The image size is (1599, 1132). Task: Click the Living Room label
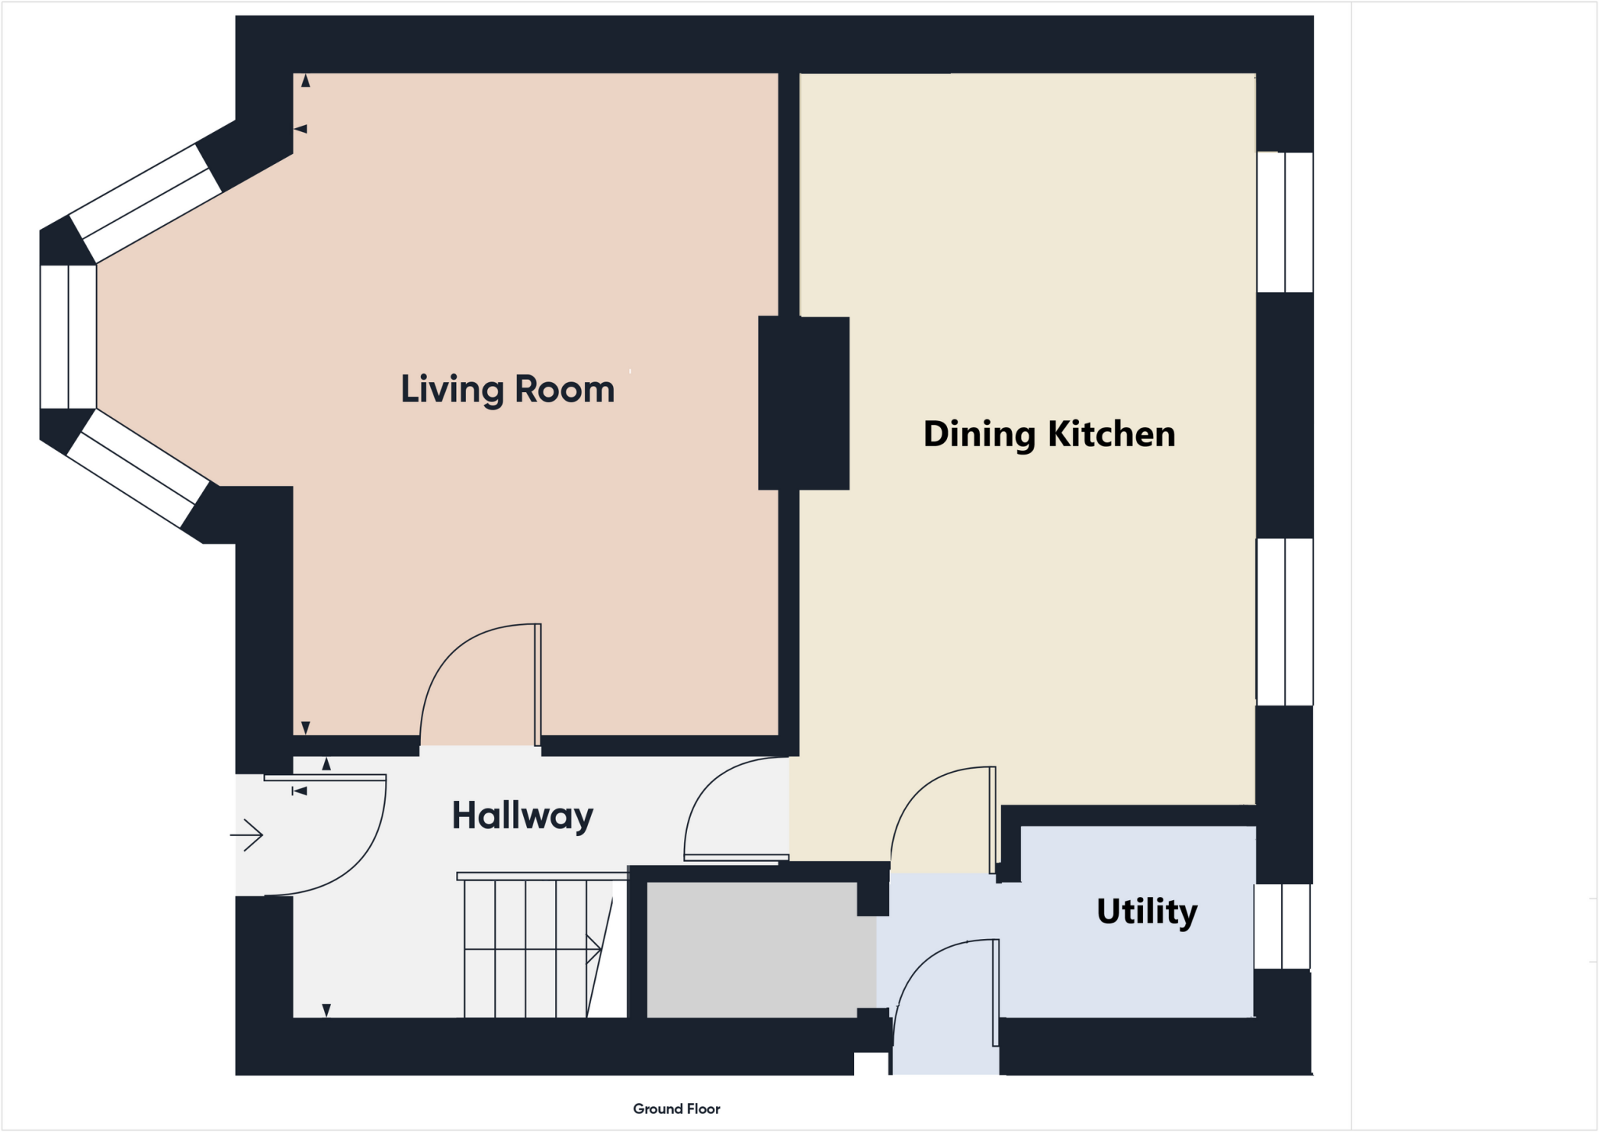point(507,389)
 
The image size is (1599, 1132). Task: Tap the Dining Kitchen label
point(1049,434)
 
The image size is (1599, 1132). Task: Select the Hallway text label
point(522,816)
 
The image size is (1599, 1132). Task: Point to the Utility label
point(1146,912)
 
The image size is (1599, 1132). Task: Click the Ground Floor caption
point(676,1109)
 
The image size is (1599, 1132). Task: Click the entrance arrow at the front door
point(247,835)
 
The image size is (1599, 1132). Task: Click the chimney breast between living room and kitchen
point(803,403)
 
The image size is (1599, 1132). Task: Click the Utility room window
point(1282,927)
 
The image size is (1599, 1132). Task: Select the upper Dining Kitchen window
point(1285,222)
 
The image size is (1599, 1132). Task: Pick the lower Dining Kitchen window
point(1285,622)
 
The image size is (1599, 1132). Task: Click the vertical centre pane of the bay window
point(68,337)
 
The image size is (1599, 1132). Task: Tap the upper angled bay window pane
point(146,203)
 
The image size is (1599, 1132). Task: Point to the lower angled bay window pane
point(138,469)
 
